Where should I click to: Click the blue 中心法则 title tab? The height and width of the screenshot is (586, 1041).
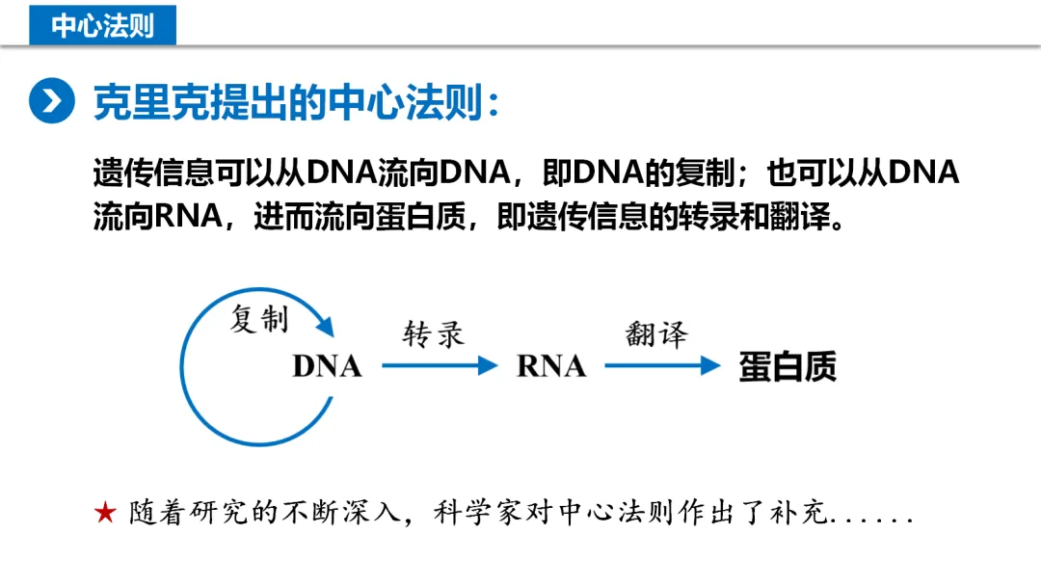point(102,23)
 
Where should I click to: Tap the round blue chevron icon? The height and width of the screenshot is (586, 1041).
point(51,101)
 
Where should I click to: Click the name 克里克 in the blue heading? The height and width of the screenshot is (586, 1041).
point(135,101)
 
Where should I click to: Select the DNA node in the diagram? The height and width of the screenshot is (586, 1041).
point(327,366)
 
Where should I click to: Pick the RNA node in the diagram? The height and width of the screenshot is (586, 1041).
point(551,366)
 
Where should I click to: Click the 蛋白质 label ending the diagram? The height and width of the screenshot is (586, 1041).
point(787,366)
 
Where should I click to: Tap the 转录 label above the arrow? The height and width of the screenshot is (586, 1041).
point(433,334)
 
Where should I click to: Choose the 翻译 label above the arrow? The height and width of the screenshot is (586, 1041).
point(655,334)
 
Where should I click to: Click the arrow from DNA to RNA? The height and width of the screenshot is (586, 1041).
point(439,366)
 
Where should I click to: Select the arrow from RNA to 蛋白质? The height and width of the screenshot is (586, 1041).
point(662,366)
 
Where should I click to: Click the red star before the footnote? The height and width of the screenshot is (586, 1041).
point(105,513)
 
